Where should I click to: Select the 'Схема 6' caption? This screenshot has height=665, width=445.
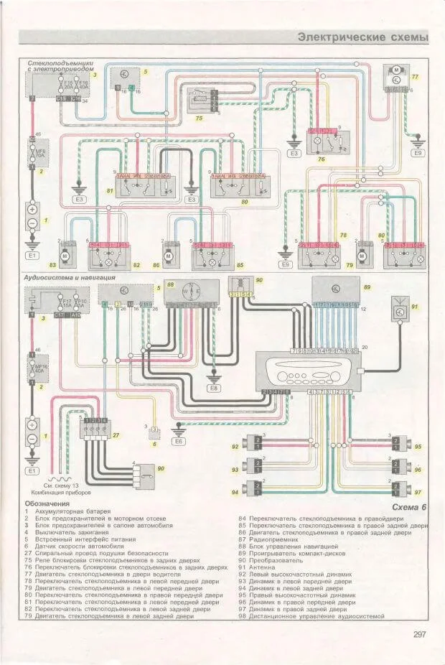tap(410, 508)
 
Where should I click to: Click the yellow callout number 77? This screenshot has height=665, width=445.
tap(414, 75)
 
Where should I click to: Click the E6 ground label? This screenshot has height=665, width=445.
tap(179, 442)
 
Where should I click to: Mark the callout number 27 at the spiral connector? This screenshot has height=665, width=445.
tap(116, 434)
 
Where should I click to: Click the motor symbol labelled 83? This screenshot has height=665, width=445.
tap(66, 255)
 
